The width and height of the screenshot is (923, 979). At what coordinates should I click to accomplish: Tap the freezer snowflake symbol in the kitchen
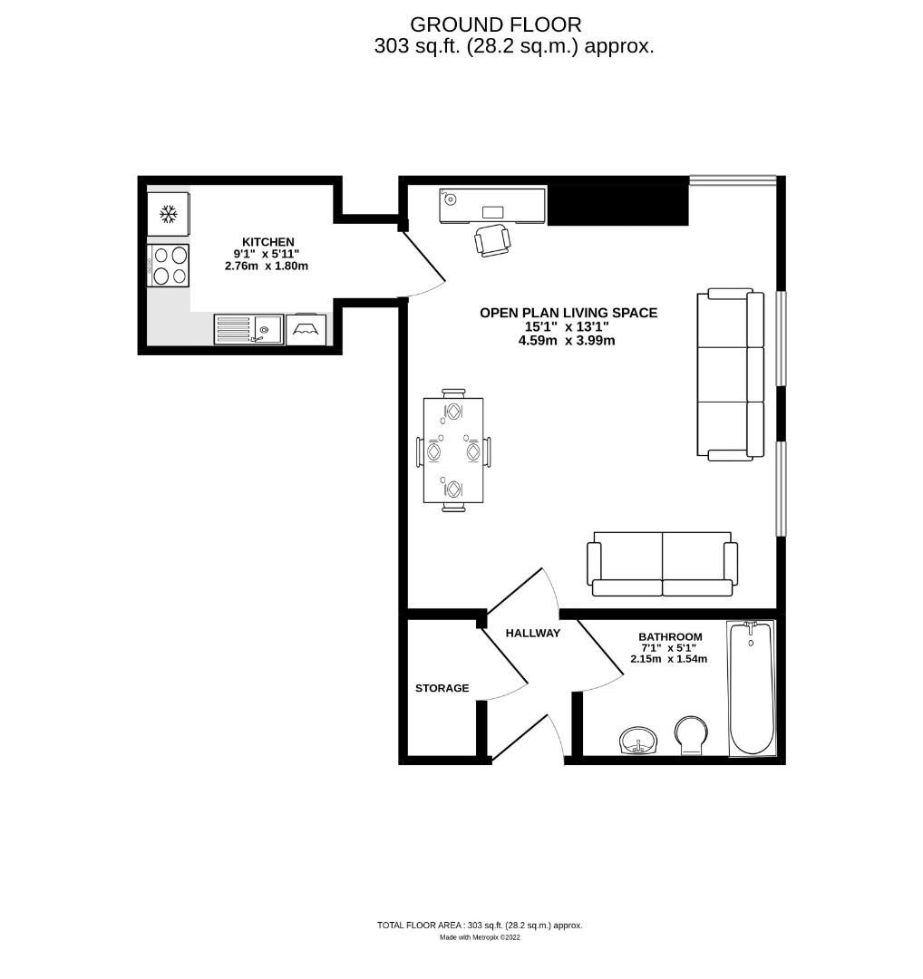[168, 214]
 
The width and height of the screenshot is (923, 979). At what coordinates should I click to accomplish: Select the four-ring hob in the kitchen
[169, 266]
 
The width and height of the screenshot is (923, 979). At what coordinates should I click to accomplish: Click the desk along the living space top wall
[492, 206]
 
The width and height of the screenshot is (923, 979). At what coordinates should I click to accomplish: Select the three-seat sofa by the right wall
[730, 373]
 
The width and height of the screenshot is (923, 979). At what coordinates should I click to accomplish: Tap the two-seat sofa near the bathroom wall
[662, 564]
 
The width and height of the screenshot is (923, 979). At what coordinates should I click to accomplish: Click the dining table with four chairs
[452, 451]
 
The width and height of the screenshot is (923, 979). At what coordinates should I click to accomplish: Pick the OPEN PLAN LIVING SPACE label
[568, 313]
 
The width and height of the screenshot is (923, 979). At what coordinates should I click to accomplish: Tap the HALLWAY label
[532, 633]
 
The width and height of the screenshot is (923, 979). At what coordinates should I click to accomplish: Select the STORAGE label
[442, 688]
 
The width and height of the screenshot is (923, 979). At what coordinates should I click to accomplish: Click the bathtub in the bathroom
[751, 689]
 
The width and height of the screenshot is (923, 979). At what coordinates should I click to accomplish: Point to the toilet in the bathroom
[693, 734]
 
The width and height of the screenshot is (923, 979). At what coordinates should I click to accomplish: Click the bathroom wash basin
[640, 741]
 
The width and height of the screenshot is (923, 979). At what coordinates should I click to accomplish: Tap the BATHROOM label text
[670, 636]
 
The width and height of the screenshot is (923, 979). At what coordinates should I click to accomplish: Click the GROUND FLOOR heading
[495, 24]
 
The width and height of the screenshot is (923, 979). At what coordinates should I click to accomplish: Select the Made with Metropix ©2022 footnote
[480, 938]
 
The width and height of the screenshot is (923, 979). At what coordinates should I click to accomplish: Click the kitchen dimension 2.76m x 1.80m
[267, 267]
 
